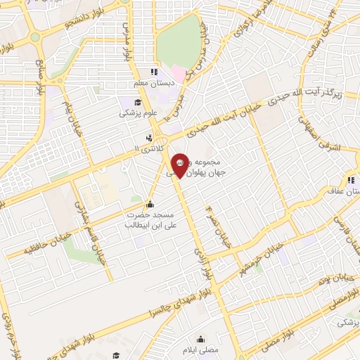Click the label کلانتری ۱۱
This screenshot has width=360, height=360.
click(x=147, y=149)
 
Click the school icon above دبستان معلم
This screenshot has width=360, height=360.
click(x=153, y=72)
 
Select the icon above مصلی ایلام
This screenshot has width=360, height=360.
click(x=201, y=337)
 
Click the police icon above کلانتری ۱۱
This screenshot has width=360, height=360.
click(x=148, y=138)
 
